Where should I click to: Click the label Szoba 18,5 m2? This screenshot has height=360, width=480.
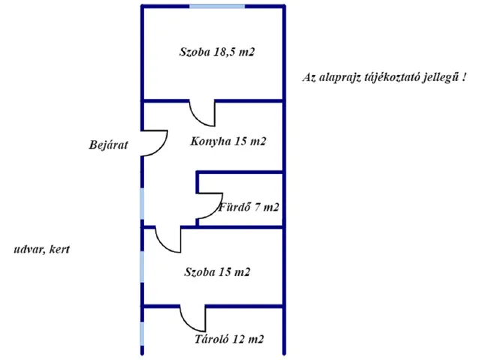tap(212, 52)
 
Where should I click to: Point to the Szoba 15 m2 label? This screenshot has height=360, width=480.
tap(217, 271)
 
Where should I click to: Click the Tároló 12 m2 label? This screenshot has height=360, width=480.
tap(229, 339)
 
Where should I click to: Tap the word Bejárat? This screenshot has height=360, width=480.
tap(107, 145)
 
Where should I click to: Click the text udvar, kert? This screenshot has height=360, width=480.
tap(41, 249)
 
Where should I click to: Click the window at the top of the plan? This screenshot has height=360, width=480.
tap(217, 6)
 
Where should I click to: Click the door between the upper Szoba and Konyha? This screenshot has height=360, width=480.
tap(202, 114)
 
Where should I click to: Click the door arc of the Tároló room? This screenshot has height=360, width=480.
tap(192, 319)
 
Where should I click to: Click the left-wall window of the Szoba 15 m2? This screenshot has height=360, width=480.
tap(142, 266)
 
